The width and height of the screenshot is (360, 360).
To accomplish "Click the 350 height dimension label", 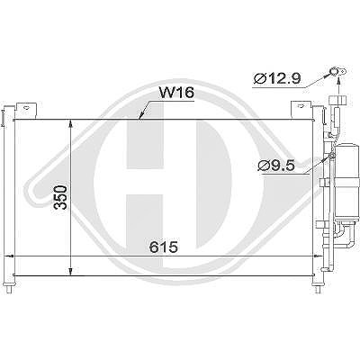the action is [60, 197].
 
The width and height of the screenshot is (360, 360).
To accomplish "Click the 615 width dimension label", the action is [164, 247].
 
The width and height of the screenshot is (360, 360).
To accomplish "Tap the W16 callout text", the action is [176, 93].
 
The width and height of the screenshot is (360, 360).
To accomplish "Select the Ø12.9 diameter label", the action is [277, 79].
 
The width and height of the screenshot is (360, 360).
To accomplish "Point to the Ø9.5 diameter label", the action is [276, 166].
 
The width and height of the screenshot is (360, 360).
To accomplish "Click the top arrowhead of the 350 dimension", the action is [70, 123].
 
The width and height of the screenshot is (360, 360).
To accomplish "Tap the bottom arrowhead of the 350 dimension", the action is [70, 271].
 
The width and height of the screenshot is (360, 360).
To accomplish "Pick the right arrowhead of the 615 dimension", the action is [318, 256].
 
